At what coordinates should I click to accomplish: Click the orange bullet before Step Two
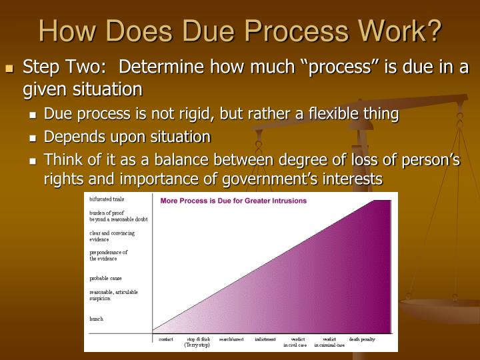[x=9, y=69]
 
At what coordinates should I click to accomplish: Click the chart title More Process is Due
[x=233, y=200]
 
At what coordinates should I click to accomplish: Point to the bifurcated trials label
[x=107, y=199]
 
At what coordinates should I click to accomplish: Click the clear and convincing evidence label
[x=112, y=236]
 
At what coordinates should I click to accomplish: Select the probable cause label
[x=106, y=278]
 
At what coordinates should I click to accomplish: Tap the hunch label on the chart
[x=97, y=319]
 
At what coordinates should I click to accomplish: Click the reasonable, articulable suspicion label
[x=113, y=295]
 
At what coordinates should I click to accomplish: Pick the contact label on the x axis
[x=165, y=339]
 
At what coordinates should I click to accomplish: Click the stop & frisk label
[x=198, y=342]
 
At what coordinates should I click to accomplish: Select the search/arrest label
[x=231, y=339]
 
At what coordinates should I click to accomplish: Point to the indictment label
[x=265, y=339]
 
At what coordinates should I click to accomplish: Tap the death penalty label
[x=362, y=339]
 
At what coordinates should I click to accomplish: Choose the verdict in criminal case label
[x=329, y=342]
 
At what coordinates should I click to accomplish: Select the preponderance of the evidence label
[x=109, y=255]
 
